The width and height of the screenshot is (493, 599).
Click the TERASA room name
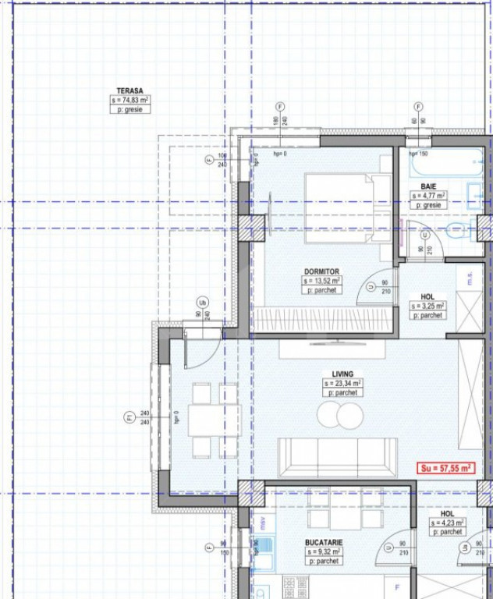click(130, 91)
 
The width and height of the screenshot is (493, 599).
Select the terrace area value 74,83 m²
click(130, 101)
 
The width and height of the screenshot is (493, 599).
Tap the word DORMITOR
click(321, 272)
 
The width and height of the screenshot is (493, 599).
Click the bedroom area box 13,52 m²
click(321, 281)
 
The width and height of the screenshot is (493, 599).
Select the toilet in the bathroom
click(459, 230)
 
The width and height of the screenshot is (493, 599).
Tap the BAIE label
click(428, 186)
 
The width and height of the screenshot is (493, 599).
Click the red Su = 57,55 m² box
click(445, 468)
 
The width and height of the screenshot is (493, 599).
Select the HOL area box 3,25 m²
click(427, 307)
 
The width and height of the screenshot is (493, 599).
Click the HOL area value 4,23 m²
click(447, 523)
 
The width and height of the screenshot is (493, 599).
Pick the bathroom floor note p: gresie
click(428, 204)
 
